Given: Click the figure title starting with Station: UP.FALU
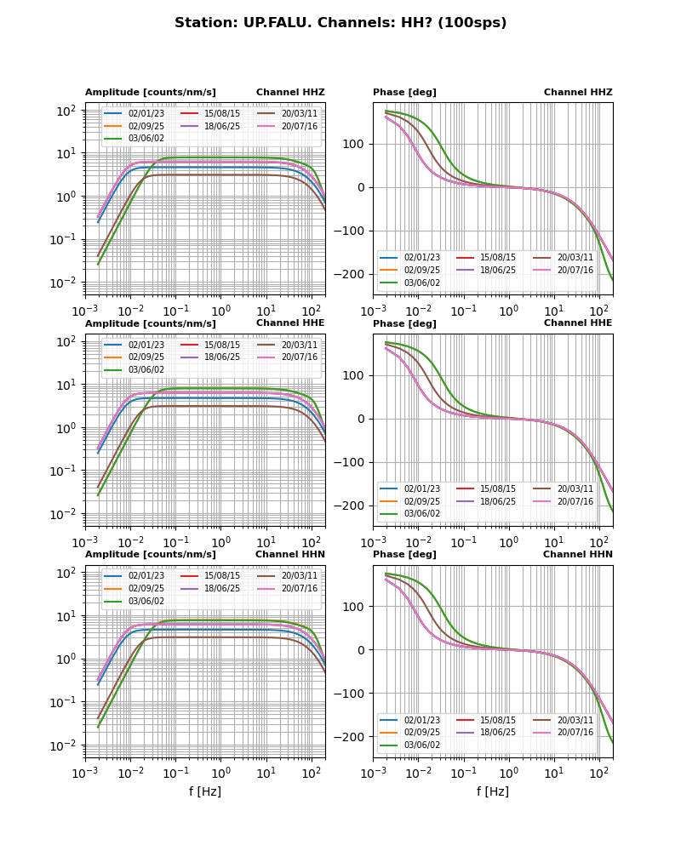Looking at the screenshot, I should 340,23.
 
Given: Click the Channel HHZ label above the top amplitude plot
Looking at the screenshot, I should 290,93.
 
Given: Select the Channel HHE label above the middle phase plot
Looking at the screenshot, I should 578,323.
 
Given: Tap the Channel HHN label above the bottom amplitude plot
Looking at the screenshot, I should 289,555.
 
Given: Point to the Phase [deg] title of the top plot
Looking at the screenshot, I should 404,93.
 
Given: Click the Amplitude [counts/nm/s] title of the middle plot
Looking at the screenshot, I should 151,324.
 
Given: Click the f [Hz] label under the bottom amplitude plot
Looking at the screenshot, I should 205,791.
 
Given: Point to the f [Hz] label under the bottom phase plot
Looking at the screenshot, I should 493,791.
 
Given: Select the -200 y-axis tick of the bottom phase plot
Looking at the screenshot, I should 352,737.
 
